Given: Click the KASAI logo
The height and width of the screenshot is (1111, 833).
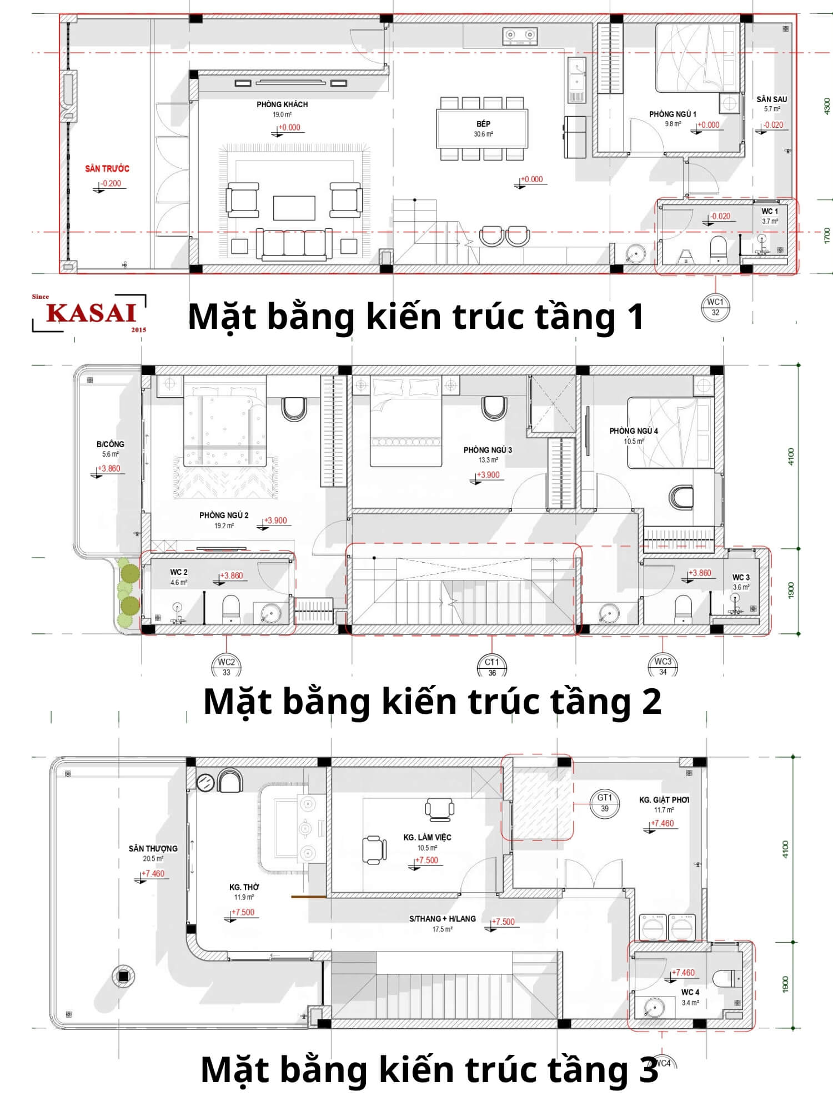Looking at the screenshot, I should [x=91, y=313].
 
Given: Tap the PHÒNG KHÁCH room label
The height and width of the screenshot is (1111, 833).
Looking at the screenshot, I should [x=282, y=104].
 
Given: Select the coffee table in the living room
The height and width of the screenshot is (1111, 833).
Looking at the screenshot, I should [x=294, y=208].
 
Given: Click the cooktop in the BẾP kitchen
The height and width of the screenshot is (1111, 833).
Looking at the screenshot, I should [x=520, y=36].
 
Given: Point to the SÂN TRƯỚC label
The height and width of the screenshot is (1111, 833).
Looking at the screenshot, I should [x=107, y=168].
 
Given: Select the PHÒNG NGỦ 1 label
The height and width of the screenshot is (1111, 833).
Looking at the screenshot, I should [x=672, y=114].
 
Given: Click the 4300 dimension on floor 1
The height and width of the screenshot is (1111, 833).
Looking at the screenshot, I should [x=826, y=106].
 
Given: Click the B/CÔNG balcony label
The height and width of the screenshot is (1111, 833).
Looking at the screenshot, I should [x=110, y=444].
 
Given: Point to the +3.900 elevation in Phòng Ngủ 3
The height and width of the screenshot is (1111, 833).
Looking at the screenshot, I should [x=489, y=475].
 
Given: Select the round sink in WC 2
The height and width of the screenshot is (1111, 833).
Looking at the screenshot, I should [x=270, y=613].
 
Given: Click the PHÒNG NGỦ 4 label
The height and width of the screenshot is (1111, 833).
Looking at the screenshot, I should [x=633, y=431].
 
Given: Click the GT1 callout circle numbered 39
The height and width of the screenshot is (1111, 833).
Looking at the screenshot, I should [x=605, y=803].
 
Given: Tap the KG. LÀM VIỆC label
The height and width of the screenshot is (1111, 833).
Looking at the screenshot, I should [x=427, y=837].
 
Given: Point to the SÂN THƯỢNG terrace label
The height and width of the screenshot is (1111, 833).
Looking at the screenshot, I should [x=153, y=848].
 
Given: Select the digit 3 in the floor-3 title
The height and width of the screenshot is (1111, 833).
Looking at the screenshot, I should [x=648, y=1069].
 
